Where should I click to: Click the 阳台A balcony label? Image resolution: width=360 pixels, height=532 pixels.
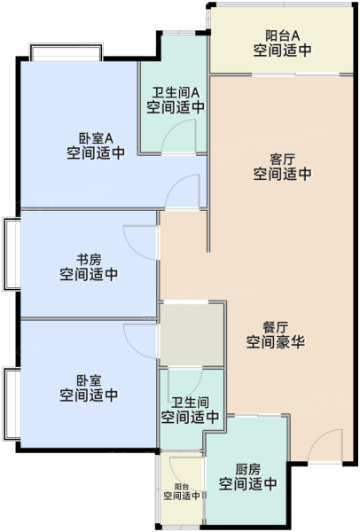(282, 35)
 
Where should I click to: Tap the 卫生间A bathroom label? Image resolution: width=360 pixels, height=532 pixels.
(176, 92)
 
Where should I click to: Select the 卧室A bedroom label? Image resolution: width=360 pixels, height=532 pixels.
(96, 138)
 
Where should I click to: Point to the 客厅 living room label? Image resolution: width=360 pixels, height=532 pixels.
(282, 159)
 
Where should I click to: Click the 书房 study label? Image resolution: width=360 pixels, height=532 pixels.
(89, 260)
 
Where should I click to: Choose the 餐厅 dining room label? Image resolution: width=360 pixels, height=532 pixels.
(276, 327)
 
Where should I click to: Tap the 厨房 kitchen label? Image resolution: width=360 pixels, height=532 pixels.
(248, 469)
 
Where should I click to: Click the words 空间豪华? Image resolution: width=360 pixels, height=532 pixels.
(276, 342)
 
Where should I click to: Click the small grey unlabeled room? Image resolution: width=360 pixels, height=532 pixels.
(192, 334)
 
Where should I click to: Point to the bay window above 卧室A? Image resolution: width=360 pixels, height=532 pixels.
(67, 52)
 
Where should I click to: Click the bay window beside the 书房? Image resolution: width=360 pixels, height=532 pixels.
(12, 254)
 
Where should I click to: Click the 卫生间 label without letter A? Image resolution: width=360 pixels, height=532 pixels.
(190, 403)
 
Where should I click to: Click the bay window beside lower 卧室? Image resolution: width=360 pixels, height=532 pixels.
(12, 403)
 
